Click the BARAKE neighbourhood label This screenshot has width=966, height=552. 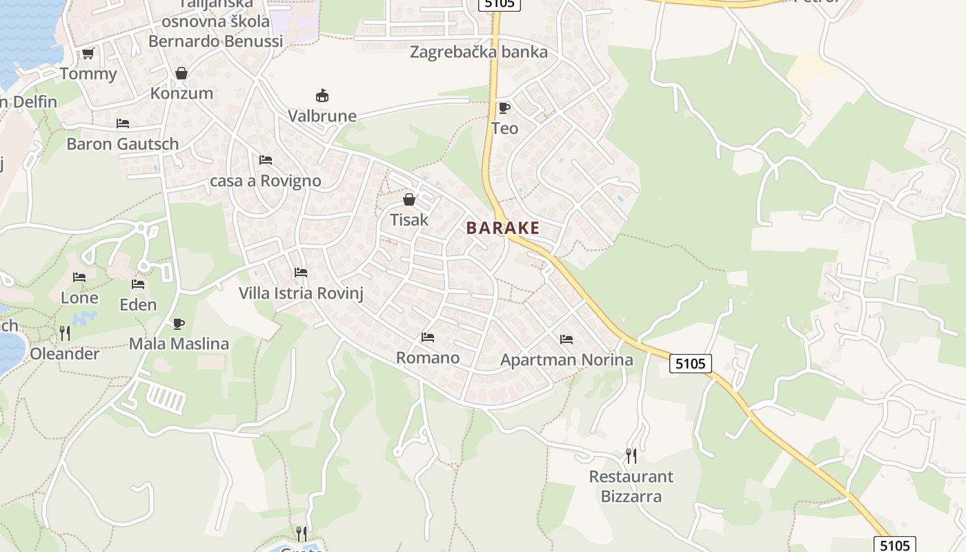click(502, 228)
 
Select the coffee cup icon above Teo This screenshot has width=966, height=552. click(504, 107)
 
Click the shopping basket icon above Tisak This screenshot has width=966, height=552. click(409, 199)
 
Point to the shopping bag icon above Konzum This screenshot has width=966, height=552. click(181, 72)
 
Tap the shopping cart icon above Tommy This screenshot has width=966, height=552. click(88, 53)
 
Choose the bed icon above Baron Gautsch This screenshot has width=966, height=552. click(123, 124)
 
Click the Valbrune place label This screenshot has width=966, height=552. click(322, 116)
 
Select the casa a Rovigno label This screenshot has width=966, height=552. click(265, 181)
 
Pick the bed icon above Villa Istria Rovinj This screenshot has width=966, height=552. click(301, 273)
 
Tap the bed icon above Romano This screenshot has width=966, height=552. click(428, 337)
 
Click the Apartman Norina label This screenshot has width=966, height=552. click(566, 359)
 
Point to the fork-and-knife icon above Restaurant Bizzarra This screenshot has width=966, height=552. click(631, 455)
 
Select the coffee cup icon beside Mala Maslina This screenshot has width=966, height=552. click(179, 324)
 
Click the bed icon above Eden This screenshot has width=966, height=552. click(138, 284)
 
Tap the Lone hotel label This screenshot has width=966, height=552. click(79, 298)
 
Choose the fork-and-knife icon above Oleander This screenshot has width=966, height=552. click(65, 333)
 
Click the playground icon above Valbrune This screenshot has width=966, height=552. click(322, 95)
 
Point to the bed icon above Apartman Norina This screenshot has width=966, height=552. click(566, 339)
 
